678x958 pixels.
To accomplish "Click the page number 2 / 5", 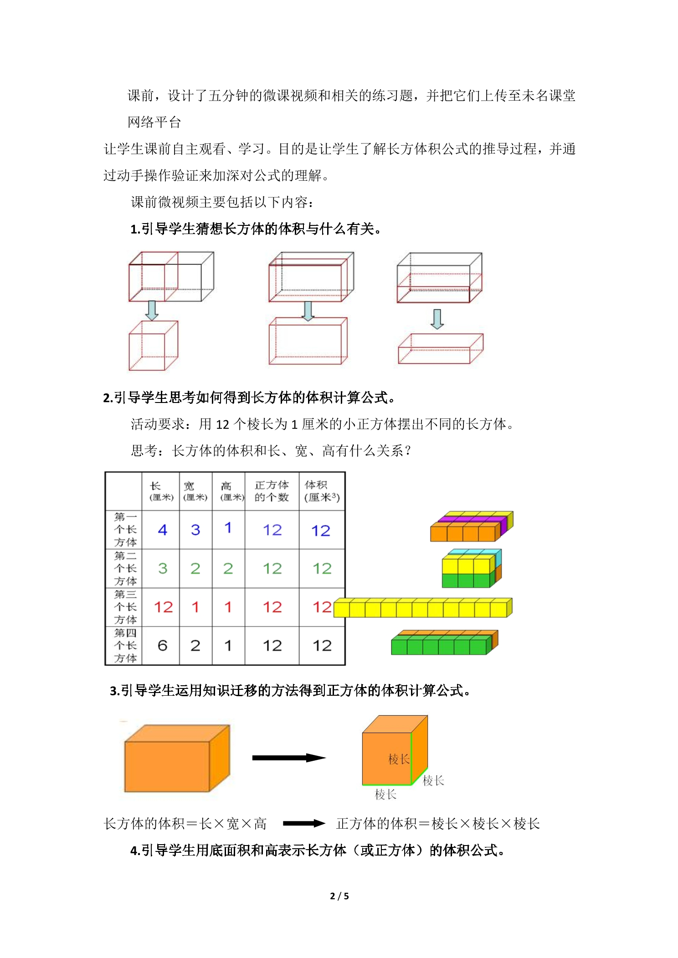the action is coord(339,896).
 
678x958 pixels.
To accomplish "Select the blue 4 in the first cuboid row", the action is coord(162,530).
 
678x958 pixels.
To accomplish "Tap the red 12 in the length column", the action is coord(163,606).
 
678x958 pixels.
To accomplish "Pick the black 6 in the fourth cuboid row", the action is coord(162,645).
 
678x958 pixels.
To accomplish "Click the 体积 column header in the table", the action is coord(322,491).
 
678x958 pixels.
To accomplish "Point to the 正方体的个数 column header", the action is coord(272,491).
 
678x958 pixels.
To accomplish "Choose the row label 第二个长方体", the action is coord(125,568).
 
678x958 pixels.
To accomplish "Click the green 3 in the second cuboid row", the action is coord(163,568).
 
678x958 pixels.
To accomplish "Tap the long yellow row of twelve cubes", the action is coord(423,607).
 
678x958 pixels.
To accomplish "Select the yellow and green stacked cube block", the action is coord(471,568).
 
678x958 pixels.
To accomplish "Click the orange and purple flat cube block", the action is coord(472,526).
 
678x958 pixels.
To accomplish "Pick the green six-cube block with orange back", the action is coord(444,642).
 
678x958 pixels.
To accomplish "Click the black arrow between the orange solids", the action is coord(289,758).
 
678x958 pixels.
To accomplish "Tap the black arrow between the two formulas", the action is coord(304,823).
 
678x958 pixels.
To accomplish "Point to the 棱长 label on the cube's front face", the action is coord(399,759).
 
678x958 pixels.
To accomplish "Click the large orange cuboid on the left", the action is coord(177,758).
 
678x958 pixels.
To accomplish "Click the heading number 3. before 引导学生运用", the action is coord(115,691).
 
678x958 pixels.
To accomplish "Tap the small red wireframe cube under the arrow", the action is coord(153,346).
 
